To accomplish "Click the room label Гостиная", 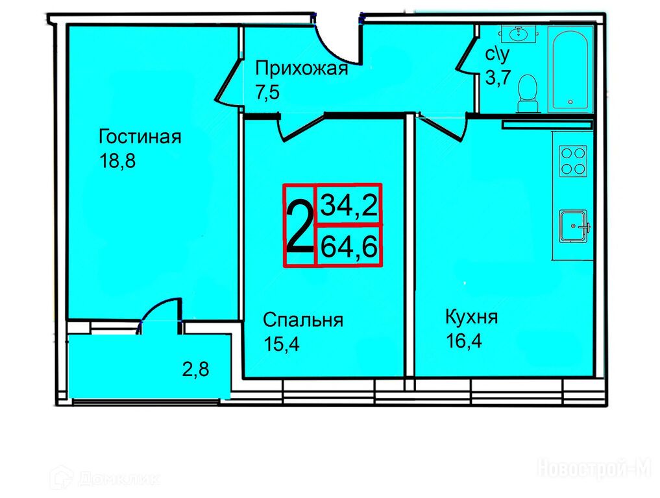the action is tap(140, 137).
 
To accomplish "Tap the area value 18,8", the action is tap(117, 161).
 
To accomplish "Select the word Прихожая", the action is tap(302, 69).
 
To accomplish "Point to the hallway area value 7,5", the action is tap(267, 91).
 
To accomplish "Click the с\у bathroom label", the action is tap(498, 54).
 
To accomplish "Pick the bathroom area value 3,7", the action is tap(498, 77).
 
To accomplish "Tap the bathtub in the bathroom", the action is tap(570, 69).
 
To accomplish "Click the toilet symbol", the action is tap(528, 93).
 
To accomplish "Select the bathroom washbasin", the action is tap(518, 33).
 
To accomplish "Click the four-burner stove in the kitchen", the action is tap(573, 161).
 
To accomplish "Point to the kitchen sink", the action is tap(573, 226).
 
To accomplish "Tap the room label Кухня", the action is tap(471, 317).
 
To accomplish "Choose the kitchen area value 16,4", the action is tap(464, 340).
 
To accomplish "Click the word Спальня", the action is tap(303, 320).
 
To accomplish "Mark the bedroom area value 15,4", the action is tap(282, 344).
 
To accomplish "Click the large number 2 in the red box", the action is tap(300, 226).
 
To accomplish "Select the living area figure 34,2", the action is tap(349, 206).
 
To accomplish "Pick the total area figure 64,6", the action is tap(349, 246).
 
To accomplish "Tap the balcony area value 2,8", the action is tap(196, 370).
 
